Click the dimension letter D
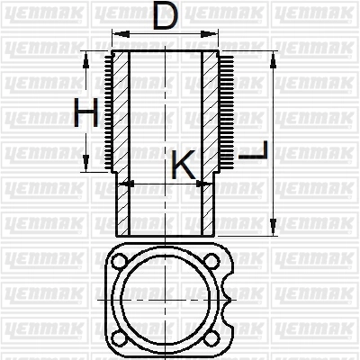165,15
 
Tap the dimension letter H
86,112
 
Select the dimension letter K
184,165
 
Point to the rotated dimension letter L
253,150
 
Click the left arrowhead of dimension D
121,34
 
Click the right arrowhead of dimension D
209,34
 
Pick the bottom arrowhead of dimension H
86,163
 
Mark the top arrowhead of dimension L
273,60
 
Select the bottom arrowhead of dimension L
273,227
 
